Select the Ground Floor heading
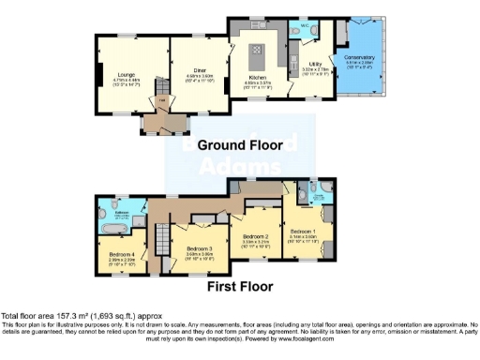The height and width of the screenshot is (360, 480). click(x=285, y=144)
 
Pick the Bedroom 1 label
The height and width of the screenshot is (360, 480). click(x=304, y=231)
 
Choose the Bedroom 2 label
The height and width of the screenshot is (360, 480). click(x=256, y=236)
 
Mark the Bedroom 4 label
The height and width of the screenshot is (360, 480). click(x=124, y=254)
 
